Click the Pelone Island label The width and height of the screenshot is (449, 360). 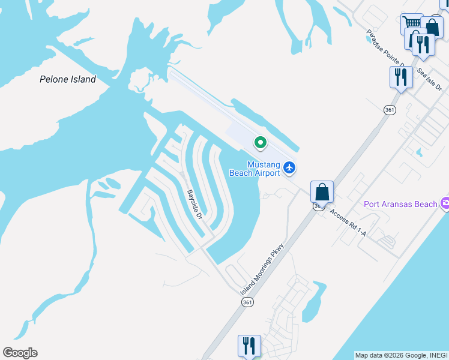pos(67,79)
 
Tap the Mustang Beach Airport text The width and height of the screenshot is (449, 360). pos(255,169)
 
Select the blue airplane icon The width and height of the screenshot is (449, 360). pos(290,167)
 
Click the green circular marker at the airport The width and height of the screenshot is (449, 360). pos(260,143)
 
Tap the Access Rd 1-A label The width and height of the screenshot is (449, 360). pos(348,224)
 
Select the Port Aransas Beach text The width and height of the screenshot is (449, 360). pos(400,204)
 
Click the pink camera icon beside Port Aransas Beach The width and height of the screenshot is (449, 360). pos(445,204)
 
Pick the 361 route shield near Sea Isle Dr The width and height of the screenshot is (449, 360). pos(390,110)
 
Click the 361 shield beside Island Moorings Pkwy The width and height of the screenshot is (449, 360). pos(247,302)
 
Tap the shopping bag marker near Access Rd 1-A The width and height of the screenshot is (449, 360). pos(322,192)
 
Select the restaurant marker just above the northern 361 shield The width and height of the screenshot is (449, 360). pos(400,77)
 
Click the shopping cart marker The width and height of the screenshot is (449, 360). pos(411,24)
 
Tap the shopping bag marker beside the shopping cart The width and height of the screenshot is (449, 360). pos(432,27)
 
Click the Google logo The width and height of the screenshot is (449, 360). pos(20,353)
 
